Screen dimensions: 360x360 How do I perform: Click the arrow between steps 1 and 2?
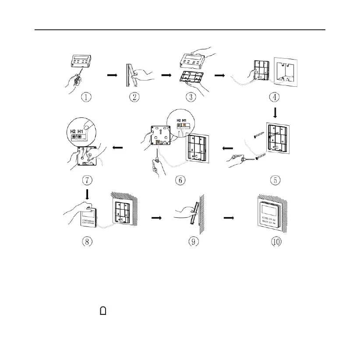[x=113, y=75]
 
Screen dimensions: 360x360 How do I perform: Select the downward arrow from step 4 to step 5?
[x=275, y=113]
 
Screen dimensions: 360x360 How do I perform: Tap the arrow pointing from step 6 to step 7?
[x=118, y=148]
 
